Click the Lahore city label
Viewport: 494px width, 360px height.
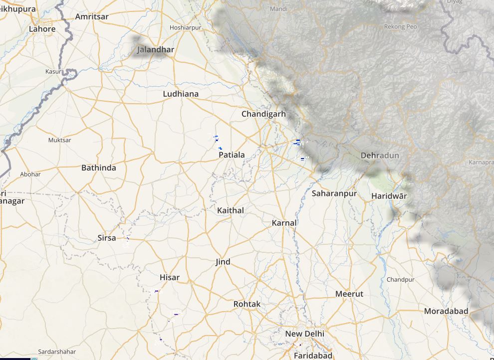(42, 29)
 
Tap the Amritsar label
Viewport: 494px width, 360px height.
(91, 16)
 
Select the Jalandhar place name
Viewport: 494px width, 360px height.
(156, 50)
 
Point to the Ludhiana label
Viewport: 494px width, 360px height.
(181, 94)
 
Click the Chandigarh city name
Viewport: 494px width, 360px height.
(263, 114)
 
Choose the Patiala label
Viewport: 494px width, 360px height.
(232, 155)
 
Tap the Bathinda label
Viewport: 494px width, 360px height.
(98, 168)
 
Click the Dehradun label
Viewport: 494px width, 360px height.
(380, 156)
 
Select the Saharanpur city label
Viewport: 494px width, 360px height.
(334, 193)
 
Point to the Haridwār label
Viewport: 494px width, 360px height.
(389, 196)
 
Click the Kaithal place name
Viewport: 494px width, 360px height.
(231, 210)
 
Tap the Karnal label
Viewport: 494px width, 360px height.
(284, 223)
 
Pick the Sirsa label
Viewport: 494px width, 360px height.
(107, 238)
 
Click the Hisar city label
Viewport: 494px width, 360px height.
(170, 277)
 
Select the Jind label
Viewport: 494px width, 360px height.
(223, 262)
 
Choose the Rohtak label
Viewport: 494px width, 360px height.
(247, 304)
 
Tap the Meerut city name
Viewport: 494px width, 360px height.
(349, 294)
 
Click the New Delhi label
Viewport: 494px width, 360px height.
(304, 334)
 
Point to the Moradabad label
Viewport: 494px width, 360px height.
(446, 311)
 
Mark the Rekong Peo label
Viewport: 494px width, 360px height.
(400, 26)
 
